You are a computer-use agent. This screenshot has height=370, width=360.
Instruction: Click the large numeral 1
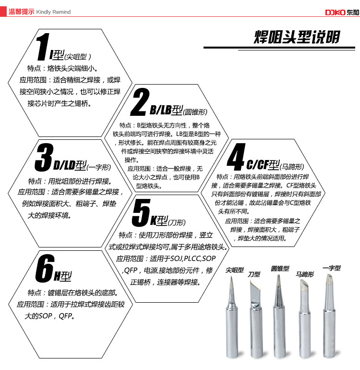(43, 47)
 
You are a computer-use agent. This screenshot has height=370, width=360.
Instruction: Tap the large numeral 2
(140, 102)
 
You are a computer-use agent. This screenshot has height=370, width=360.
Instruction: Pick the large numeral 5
(141, 212)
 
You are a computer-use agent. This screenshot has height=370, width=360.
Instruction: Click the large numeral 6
(45, 268)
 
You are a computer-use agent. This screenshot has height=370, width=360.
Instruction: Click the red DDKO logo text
(335, 12)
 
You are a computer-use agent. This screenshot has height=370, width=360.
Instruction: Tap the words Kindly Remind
(53, 12)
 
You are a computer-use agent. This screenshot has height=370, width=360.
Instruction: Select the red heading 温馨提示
(22, 12)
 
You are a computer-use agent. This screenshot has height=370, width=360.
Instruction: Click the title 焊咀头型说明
(297, 37)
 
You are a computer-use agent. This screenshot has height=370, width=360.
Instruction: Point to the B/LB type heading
(179, 110)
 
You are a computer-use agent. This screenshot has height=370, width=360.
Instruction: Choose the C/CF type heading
(275, 165)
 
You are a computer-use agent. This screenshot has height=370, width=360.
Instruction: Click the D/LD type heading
(82, 165)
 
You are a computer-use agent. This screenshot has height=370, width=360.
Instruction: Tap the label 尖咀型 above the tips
(235, 270)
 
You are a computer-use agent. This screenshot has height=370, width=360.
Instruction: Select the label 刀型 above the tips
(254, 274)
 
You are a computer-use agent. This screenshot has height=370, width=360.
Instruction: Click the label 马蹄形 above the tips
(305, 274)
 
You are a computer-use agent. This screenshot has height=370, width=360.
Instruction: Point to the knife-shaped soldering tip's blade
(255, 291)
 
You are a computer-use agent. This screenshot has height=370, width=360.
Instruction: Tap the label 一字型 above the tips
(332, 268)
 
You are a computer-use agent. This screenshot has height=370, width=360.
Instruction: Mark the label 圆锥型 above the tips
(280, 269)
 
